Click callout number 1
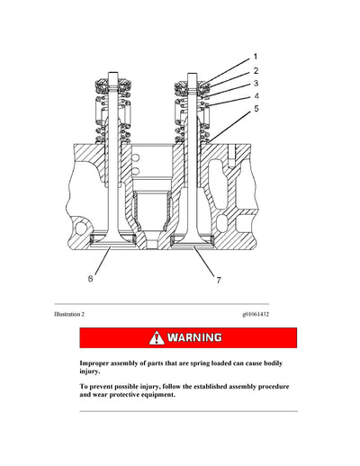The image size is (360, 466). (x=255, y=56)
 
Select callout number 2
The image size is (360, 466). (x=256, y=69)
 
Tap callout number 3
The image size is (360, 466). (x=256, y=82)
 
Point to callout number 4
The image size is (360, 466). (x=256, y=95)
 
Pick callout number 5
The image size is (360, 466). (x=256, y=109)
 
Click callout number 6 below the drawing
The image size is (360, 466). (x=90, y=279)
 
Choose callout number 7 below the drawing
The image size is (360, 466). (x=218, y=282)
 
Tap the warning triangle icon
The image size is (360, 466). (x=158, y=337)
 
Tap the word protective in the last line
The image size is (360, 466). (x=135, y=393)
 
